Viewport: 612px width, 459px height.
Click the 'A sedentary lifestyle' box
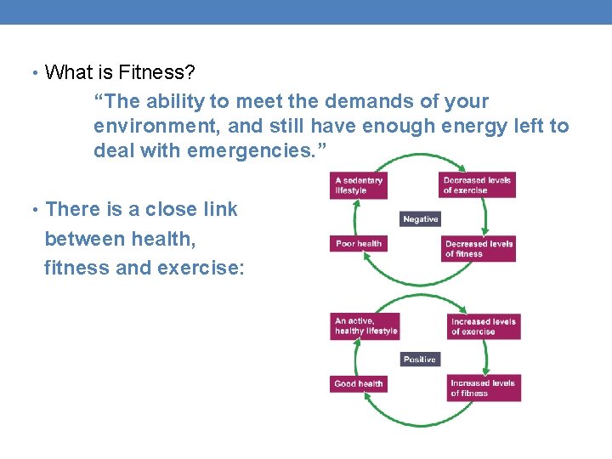click(x=364, y=185)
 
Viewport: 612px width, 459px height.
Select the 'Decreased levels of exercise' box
click(x=479, y=185)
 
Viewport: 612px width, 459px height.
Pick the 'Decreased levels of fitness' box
click(x=479, y=248)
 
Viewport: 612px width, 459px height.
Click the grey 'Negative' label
click(x=421, y=219)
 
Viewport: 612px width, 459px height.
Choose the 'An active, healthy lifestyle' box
click(x=365, y=326)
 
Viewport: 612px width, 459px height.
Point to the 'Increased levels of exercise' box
click(x=484, y=326)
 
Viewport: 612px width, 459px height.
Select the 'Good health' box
click(x=359, y=384)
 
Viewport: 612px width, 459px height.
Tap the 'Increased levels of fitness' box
click(x=484, y=388)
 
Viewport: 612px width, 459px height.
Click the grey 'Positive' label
click(x=420, y=360)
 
